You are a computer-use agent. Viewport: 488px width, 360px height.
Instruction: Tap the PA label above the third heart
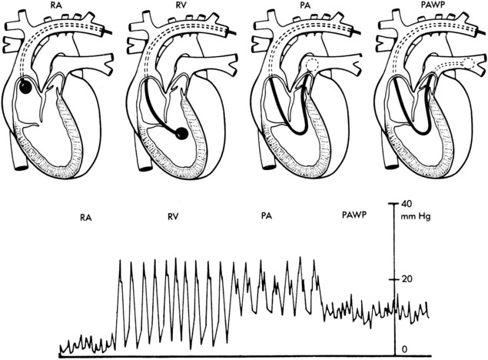(x=306, y=5)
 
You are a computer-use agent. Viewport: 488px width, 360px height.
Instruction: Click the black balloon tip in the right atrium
(x=25, y=87)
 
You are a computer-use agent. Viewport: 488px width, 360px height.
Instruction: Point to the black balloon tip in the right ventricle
(x=182, y=134)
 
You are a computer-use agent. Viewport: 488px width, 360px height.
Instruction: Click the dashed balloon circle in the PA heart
(x=312, y=65)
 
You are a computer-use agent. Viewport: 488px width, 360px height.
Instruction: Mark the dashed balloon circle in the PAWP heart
(x=469, y=64)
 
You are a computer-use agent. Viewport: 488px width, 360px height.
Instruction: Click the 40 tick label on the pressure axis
(x=406, y=204)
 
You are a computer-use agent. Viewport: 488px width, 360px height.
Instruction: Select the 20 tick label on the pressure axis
(x=407, y=279)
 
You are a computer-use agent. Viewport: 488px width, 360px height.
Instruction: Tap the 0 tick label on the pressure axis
(x=404, y=350)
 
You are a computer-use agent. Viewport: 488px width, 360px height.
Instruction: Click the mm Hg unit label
(x=416, y=216)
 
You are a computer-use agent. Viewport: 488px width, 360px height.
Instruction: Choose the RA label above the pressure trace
(x=86, y=218)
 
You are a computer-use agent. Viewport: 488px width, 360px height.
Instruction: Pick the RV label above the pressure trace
(x=173, y=216)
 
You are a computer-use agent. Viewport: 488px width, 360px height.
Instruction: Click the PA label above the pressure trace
(x=267, y=216)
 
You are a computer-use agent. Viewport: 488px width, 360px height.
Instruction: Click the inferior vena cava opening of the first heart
(x=21, y=168)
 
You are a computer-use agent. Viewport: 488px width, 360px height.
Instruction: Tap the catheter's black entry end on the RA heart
(x=108, y=32)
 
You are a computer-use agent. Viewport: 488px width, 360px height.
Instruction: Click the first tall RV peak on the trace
(x=121, y=260)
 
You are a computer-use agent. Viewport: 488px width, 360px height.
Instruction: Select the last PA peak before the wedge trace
(x=314, y=260)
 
